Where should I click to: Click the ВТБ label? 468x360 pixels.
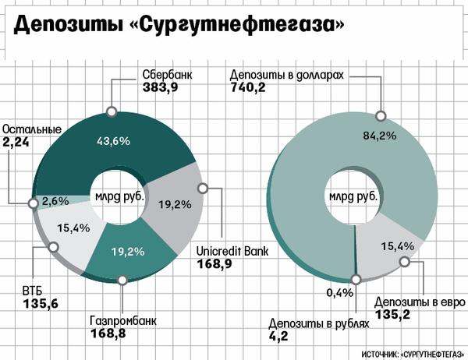click(x=32, y=293)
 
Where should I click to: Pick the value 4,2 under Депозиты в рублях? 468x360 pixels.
click(x=279, y=340)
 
